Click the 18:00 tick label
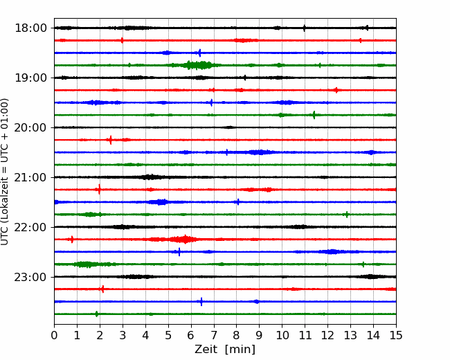coord(31,28)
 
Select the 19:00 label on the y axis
coord(31,78)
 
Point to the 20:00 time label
coord(31,127)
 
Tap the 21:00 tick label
coord(31,177)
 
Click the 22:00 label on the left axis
coord(31,227)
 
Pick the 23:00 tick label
coord(31,277)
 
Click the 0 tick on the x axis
coord(54,335)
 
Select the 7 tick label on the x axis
coord(213,335)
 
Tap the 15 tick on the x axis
coord(396,335)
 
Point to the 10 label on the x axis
coord(282,335)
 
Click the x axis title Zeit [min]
coord(225,350)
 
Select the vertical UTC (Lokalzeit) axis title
coord(5,172)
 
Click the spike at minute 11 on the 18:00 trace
coord(305,28)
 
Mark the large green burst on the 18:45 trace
coord(198,65)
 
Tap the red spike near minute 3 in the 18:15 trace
coord(123,40)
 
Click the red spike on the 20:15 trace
coord(111,140)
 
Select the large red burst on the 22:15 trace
coord(183,239)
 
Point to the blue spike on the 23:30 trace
coord(201,302)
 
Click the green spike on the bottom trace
coord(97,314)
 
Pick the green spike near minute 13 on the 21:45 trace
coord(347,215)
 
